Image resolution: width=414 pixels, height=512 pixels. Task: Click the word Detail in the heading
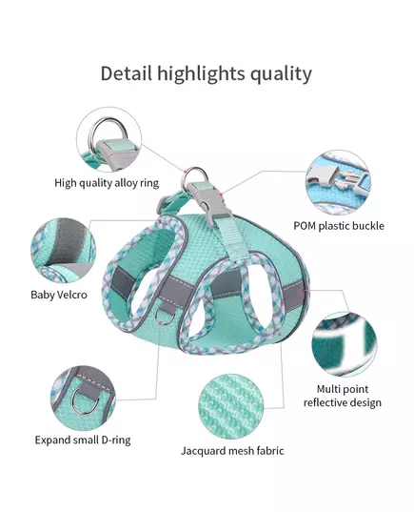127,73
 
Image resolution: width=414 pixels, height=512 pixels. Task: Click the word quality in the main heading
281,74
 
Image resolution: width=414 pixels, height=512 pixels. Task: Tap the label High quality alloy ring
107,183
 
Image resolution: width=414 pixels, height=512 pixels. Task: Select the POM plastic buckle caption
339,226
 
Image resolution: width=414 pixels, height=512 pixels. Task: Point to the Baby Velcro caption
59,295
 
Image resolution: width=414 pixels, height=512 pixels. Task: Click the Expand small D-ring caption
83,440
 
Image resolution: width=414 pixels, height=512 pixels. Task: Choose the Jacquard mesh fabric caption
232,451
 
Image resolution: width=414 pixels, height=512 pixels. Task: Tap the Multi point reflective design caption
343,396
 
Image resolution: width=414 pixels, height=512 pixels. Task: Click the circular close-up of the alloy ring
109,139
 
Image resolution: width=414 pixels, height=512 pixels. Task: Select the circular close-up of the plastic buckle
339,183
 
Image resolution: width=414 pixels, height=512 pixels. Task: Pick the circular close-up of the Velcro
63,251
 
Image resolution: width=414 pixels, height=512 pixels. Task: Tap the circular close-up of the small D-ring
83,398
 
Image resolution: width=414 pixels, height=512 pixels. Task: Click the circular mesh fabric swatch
231,407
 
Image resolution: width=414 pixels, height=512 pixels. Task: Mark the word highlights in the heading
201,74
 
